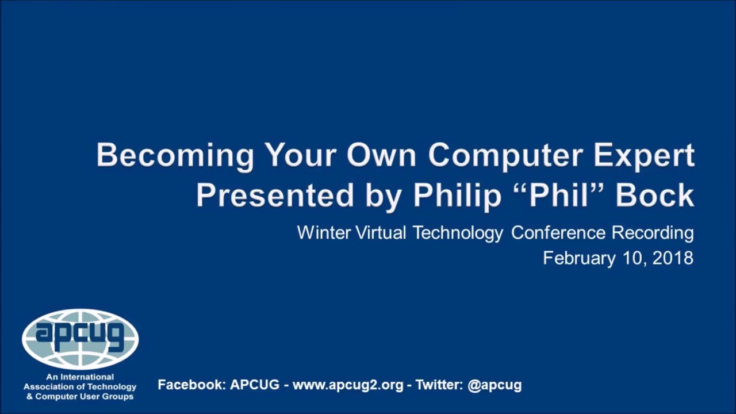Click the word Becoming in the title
tap(175, 155)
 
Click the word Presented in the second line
tap(275, 195)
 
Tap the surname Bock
tap(654, 195)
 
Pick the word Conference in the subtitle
tap(558, 233)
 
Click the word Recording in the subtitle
tap(652, 233)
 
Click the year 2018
tap(673, 258)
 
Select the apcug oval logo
tap(80, 339)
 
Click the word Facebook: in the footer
tap(191, 385)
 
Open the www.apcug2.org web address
tap(348, 385)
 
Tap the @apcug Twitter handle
tap(494, 385)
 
